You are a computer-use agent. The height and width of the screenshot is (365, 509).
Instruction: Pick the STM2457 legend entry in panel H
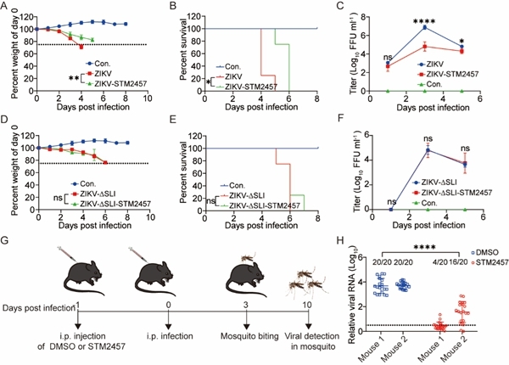pyautogui.click(x=484, y=261)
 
